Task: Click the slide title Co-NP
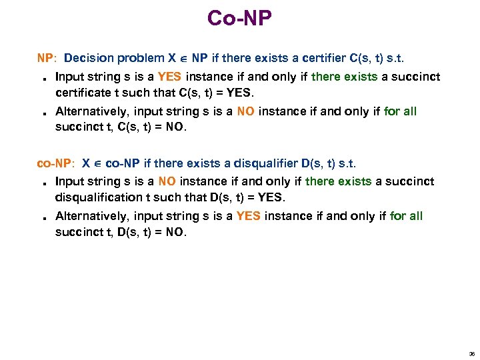tap(239, 18)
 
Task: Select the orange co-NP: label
tap(55, 163)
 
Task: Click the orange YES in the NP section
tap(169, 76)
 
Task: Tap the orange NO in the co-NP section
tap(167, 181)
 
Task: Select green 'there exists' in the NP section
tap(344, 76)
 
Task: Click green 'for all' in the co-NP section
tap(406, 215)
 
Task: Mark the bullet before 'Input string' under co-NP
tap(41, 182)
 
